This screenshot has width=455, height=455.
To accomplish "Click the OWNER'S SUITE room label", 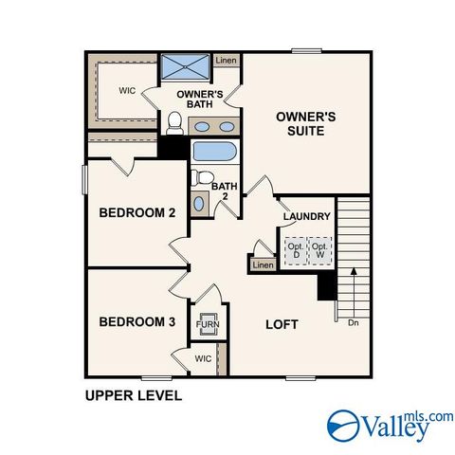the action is (305, 124).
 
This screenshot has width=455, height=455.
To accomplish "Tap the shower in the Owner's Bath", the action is (185, 66).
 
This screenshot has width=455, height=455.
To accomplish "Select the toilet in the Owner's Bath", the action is (174, 123).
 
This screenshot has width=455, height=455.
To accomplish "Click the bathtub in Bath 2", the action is (215, 152).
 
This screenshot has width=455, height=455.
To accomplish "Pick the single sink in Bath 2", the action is (199, 204).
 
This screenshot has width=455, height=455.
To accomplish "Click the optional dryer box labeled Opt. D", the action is (296, 251).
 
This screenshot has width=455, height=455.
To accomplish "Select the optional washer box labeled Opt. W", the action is (319, 251).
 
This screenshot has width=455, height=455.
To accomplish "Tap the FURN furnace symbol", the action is (208, 324).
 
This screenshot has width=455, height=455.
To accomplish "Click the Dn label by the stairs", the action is (354, 323).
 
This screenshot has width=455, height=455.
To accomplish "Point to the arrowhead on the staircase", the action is (354, 271).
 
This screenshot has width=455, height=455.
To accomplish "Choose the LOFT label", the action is (282, 324).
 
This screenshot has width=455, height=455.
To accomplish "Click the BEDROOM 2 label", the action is (137, 212).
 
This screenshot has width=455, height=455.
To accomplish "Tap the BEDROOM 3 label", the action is (137, 321).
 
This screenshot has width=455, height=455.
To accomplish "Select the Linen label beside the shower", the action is (226, 60).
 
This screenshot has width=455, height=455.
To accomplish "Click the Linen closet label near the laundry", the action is (263, 264).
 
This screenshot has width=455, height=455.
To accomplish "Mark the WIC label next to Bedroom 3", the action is (203, 358).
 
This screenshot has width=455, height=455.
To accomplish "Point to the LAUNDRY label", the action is (307, 216).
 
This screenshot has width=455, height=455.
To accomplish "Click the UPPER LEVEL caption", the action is (134, 395).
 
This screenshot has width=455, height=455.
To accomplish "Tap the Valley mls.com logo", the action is (390, 426).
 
